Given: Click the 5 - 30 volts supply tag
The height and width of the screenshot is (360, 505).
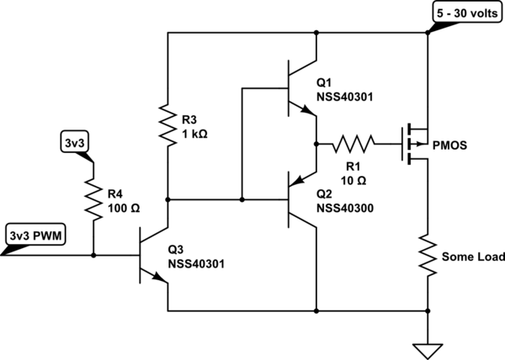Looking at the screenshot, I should tap(466, 13).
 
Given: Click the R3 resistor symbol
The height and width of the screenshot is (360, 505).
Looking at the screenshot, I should tap(168, 123).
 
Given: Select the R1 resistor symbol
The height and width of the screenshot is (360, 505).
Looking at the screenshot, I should tap(353, 143).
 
